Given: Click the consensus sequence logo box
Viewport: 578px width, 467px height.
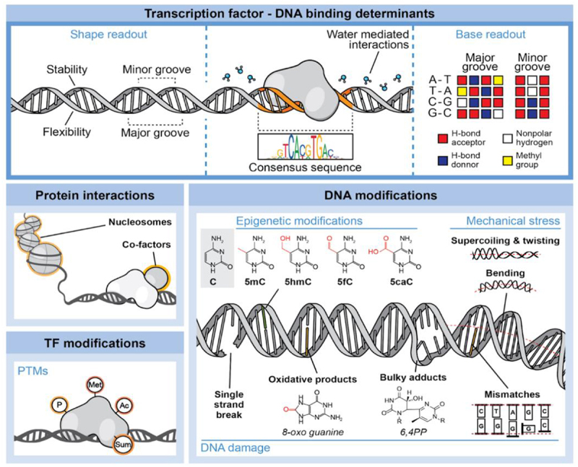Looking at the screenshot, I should tap(306, 148).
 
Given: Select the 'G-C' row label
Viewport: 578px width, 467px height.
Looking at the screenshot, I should tap(431, 114).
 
